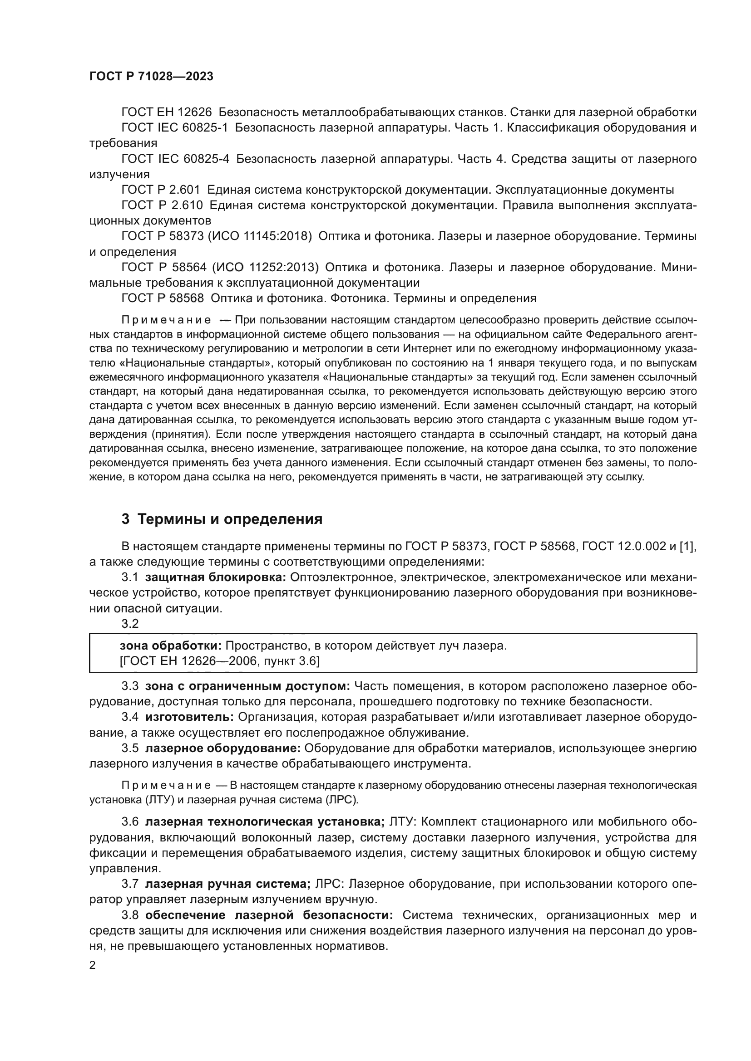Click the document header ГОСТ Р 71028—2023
(151, 77)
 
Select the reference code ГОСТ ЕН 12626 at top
(167, 112)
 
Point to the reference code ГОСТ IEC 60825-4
(175, 159)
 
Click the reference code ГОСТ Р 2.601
(161, 190)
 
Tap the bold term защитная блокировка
(216, 577)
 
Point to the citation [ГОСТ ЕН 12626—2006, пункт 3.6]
(220, 661)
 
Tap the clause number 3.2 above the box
(130, 624)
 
